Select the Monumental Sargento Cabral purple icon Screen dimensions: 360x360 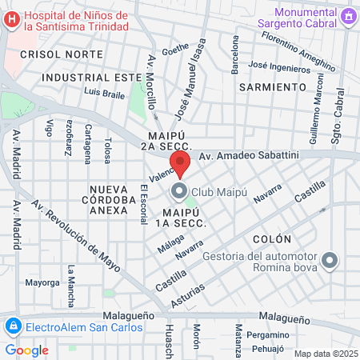pos(349,16)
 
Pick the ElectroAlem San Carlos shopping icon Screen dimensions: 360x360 pos(12,326)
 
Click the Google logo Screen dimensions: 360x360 pos(26,350)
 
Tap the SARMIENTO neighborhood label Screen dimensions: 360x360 pos(272,86)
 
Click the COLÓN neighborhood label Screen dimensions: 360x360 pos(270,239)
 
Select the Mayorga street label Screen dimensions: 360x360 pos(42,282)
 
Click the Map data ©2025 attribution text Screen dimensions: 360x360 pos(325,354)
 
